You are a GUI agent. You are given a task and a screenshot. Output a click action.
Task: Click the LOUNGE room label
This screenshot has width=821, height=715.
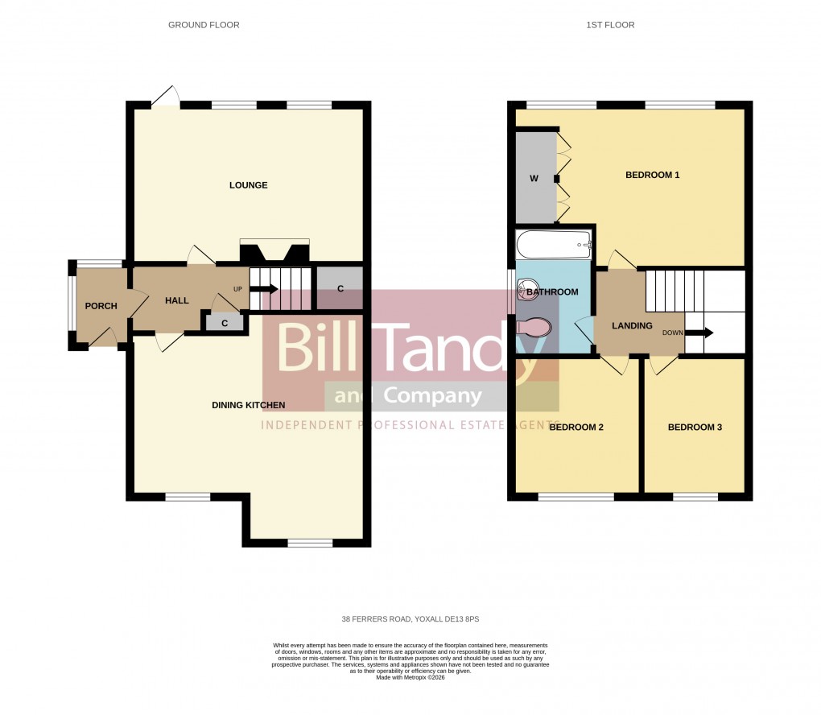248,185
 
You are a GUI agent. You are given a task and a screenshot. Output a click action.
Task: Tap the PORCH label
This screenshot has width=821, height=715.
101,306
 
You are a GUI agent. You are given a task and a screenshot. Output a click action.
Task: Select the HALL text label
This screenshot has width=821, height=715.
176,300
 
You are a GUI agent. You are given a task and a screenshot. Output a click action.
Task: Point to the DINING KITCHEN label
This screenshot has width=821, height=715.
248,405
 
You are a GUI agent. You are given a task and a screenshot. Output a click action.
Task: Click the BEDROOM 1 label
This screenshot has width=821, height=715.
653,175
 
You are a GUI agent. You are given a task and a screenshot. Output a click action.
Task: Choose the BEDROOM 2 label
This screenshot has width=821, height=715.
576,428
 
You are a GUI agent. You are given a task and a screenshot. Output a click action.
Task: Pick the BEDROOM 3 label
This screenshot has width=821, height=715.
695,428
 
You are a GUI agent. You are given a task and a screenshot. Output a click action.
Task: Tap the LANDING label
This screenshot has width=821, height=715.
632,325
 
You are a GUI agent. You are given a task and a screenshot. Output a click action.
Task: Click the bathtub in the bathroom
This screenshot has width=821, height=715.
554,242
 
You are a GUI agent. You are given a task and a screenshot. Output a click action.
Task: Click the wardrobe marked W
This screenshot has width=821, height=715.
534,178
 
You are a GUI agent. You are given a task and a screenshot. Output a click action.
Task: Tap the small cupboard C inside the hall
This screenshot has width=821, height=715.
225,323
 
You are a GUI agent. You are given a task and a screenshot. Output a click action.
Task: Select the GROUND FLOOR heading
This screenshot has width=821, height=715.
204,25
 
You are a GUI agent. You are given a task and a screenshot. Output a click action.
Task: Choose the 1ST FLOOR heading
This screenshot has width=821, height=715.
609,25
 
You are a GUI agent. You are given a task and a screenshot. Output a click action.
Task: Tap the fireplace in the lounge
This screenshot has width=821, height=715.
274,251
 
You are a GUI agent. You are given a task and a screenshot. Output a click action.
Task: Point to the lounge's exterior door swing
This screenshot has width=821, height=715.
167,96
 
